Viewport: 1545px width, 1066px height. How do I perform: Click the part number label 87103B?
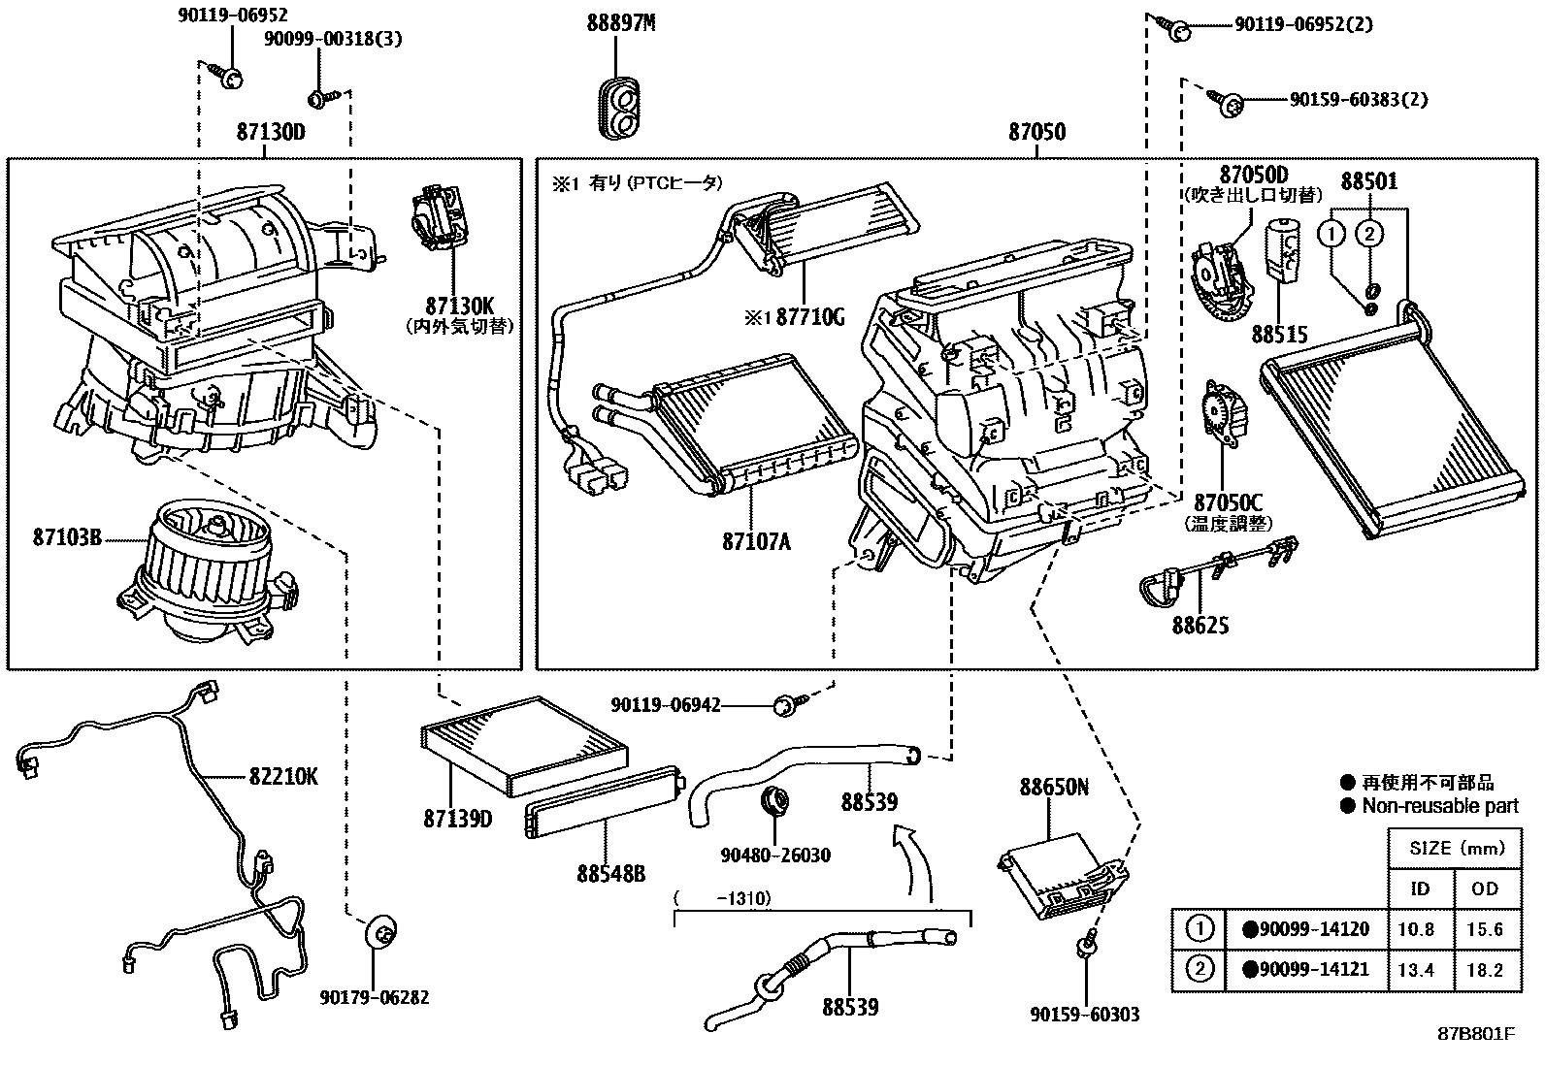point(67,536)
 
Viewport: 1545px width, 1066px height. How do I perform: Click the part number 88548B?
point(609,873)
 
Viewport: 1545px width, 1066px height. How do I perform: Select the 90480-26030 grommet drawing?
point(775,803)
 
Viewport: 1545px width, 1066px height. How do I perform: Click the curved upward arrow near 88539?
point(914,858)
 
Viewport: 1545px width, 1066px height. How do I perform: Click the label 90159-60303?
point(1085,1015)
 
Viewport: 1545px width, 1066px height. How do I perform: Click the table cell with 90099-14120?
point(1306,929)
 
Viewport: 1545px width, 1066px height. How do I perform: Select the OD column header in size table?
point(1485,888)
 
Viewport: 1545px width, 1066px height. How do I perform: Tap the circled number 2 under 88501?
point(1369,233)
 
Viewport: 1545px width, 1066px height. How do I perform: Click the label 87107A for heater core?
point(756,541)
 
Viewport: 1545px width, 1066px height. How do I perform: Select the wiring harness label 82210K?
point(282,776)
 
